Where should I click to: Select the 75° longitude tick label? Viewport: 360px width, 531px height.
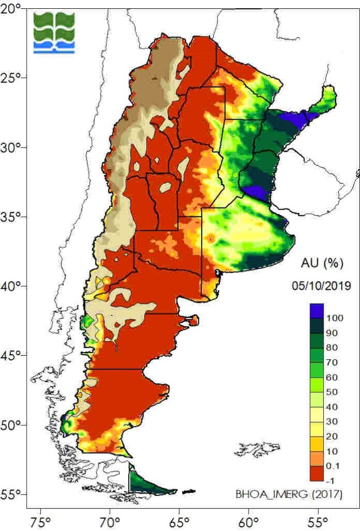tap(40, 519)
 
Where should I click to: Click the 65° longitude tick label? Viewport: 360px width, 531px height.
tap(179, 519)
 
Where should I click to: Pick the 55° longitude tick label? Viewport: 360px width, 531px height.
tap(318, 519)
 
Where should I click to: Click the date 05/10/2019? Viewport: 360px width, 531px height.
tap(321, 285)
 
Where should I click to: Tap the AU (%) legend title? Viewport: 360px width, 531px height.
tap(322, 263)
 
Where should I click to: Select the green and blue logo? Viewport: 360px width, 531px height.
tap(54, 33)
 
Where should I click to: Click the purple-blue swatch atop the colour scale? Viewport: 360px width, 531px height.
tap(316, 311)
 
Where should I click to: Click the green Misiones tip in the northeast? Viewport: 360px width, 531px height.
tap(327, 99)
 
